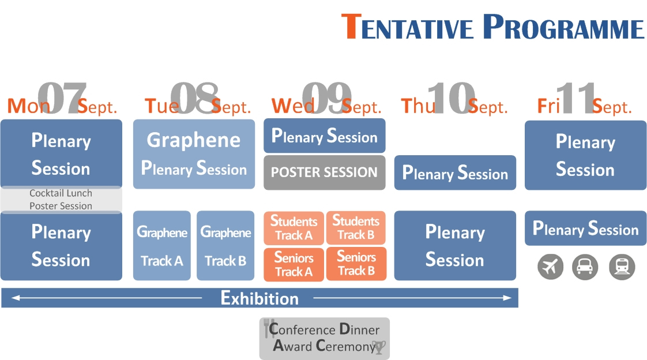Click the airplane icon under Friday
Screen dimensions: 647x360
551,267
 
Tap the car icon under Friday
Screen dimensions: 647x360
585,267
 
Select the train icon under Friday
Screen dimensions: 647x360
622,267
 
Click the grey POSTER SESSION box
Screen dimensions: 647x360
324,172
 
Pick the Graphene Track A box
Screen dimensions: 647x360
161,246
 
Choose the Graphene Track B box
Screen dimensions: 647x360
225,246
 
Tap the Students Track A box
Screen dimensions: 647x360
294,228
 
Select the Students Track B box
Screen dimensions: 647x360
356,228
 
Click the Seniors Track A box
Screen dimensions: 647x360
294,264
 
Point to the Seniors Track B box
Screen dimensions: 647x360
356,264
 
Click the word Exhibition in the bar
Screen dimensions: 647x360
259,298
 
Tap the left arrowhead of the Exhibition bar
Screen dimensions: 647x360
15,298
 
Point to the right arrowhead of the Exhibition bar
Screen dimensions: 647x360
507,298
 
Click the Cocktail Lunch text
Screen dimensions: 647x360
61,193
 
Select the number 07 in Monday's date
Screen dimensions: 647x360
62,98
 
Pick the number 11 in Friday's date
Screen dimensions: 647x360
576,98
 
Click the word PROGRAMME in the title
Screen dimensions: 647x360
563,27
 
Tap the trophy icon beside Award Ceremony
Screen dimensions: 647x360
379,347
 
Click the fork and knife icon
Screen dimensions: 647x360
269,328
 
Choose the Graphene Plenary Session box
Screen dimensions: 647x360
194,154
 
